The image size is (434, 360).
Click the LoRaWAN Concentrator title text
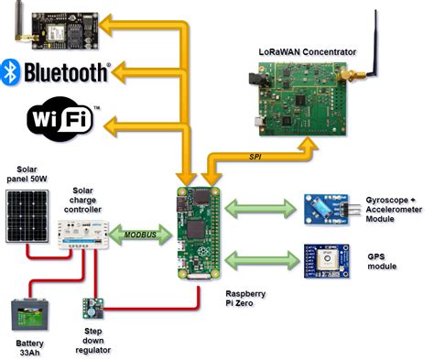tap(305, 51)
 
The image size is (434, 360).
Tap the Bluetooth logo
tap(56, 71)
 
